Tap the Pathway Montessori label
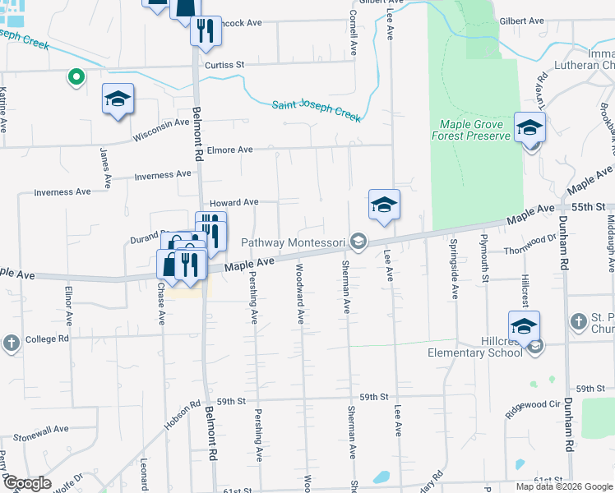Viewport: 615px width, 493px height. coord(292,242)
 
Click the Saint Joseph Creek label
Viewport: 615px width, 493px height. coord(316,111)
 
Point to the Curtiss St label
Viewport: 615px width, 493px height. coord(225,64)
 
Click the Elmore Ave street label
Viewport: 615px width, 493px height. coord(230,150)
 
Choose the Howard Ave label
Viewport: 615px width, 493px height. coord(234,202)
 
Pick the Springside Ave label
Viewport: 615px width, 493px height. coord(453,270)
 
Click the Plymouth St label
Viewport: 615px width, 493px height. coord(486,268)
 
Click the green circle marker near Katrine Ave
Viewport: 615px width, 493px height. coord(76,77)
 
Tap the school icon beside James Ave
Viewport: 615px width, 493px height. coord(118,99)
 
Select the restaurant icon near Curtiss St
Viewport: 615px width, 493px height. coord(205,30)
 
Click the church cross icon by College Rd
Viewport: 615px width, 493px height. coord(11,343)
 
